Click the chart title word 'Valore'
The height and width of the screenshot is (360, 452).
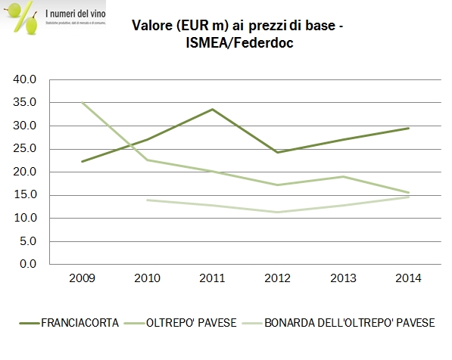pos(154,26)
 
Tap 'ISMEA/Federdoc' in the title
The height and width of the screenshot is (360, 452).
pos(238,44)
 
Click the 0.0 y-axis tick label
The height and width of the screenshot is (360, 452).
pos(28,264)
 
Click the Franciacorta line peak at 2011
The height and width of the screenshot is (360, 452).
pos(212,109)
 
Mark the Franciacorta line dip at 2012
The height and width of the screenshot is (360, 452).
pos(277,152)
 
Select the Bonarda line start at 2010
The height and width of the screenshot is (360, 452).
pos(146,200)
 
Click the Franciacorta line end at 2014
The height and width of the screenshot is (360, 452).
pos(408,128)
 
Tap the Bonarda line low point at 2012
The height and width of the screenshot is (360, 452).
pos(277,212)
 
